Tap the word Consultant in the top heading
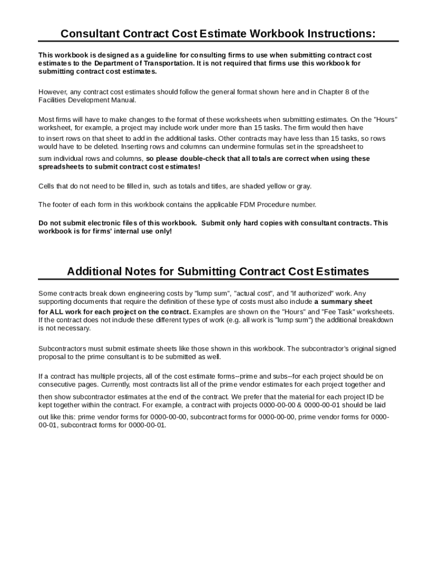pos(90,34)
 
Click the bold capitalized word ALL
pos(58,312)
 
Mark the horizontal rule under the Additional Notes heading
pos(218,279)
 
